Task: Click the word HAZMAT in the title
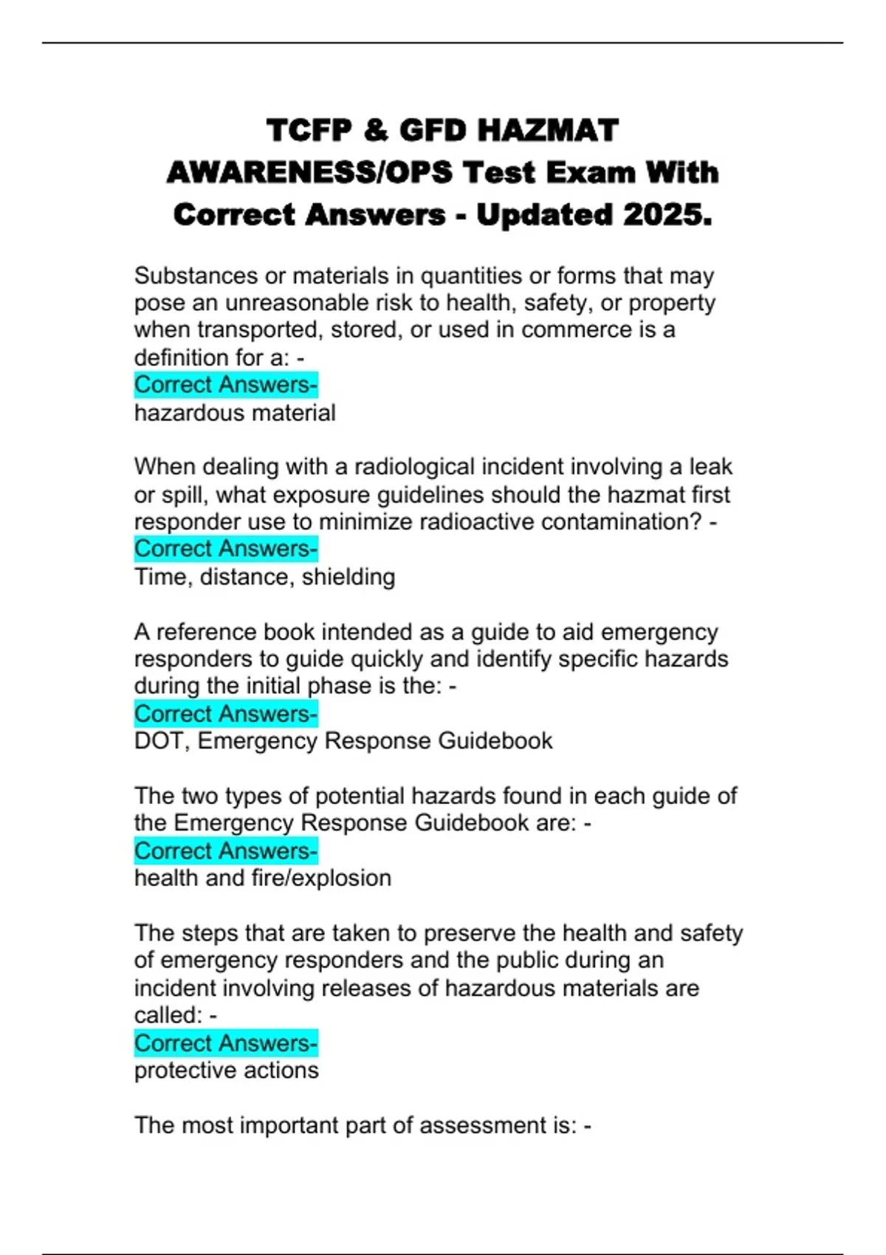point(548,131)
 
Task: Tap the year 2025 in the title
point(667,215)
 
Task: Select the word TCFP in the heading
point(309,131)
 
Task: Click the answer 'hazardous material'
point(235,413)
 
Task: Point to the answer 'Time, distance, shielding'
point(264,577)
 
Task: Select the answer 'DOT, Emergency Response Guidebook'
point(343,740)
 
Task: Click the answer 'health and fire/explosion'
point(263,878)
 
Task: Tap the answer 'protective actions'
point(227,1070)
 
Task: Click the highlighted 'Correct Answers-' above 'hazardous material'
point(226,385)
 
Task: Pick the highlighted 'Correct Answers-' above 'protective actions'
point(226,1043)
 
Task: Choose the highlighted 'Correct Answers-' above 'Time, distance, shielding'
point(226,549)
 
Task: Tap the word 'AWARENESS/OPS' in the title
point(309,173)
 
